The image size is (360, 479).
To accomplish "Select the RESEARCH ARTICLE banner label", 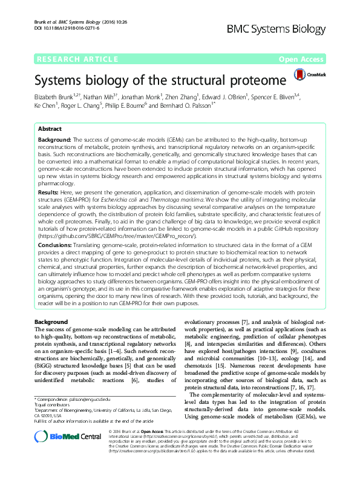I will click(x=77, y=59).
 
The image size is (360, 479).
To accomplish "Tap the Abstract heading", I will click(x=49, y=129).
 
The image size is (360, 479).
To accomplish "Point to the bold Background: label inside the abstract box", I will click(x=54, y=140).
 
